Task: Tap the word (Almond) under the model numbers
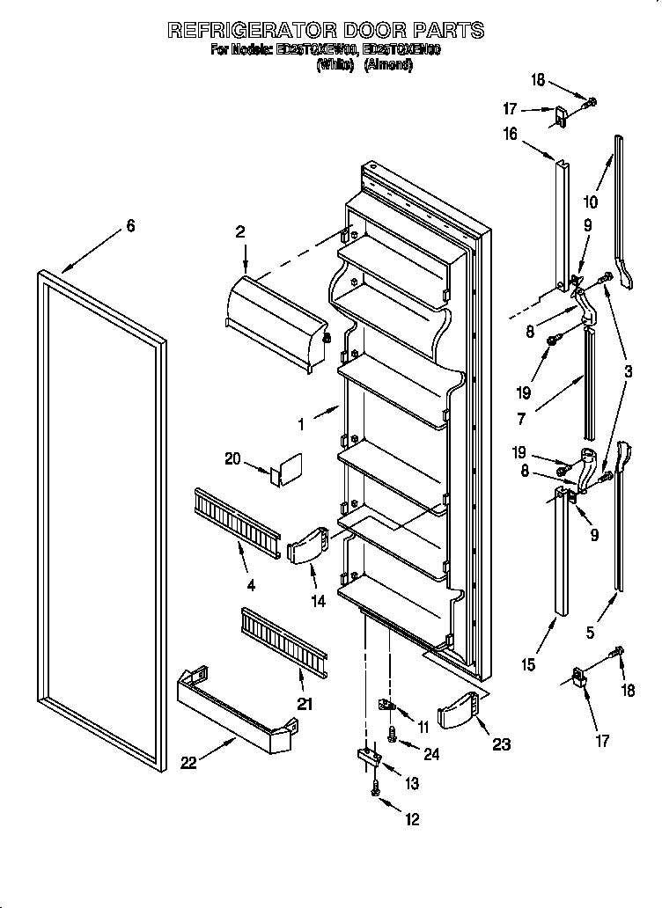pyautogui.click(x=388, y=65)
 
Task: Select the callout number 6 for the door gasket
pyautogui.click(x=130, y=226)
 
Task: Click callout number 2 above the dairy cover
pyautogui.click(x=240, y=232)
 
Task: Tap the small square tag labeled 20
pyautogui.click(x=287, y=469)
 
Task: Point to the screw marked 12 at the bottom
pyautogui.click(x=376, y=791)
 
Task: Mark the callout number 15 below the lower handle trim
pyautogui.click(x=526, y=665)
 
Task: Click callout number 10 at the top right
pyautogui.click(x=590, y=201)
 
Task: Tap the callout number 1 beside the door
pyautogui.click(x=302, y=424)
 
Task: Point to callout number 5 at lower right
pyautogui.click(x=590, y=632)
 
